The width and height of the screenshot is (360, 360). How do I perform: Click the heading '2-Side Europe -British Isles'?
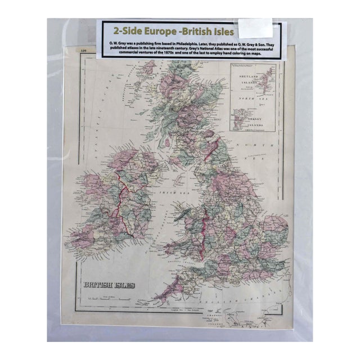pos(166,29)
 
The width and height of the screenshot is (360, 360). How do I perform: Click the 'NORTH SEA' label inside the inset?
pos(256,102)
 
